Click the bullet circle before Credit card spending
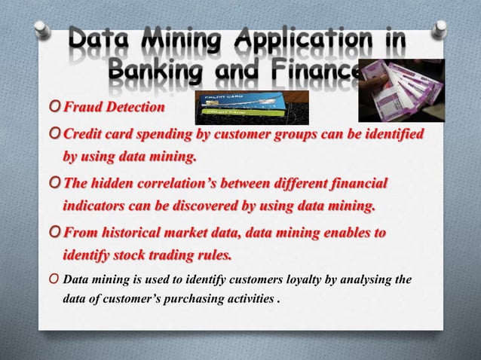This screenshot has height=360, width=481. coord(53,134)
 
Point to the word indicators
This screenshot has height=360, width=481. coord(97,206)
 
